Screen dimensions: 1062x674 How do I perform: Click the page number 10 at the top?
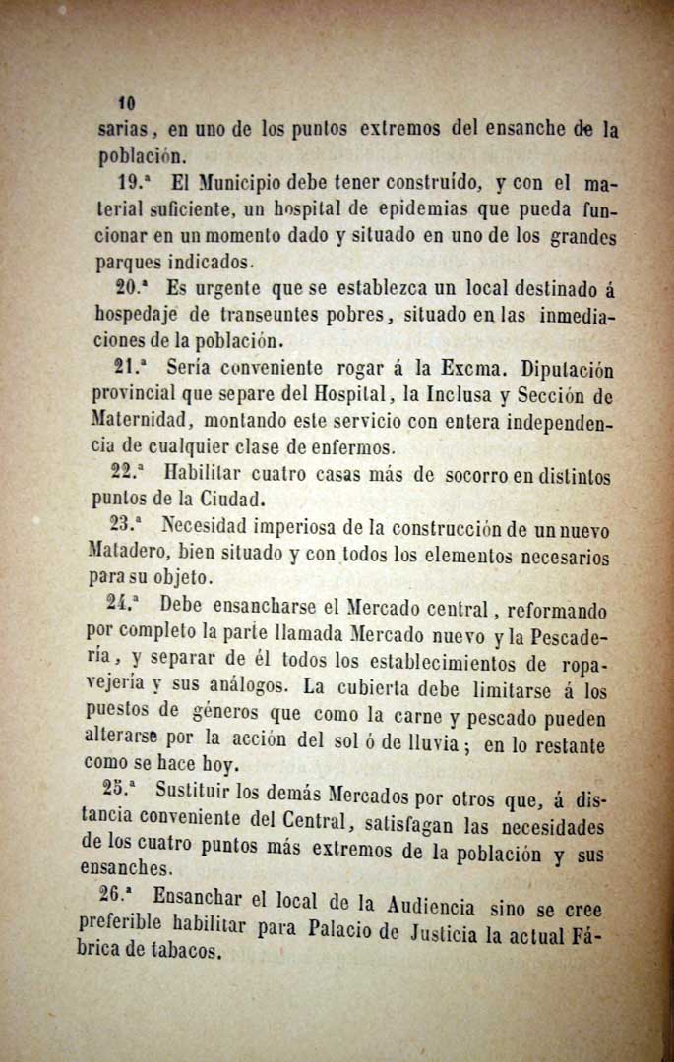pyautogui.click(x=126, y=102)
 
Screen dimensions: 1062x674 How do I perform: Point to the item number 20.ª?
pyautogui.click(x=136, y=289)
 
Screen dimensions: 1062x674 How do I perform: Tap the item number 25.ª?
pyautogui.click(x=124, y=787)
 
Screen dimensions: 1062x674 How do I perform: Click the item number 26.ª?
pyautogui.click(x=121, y=896)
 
